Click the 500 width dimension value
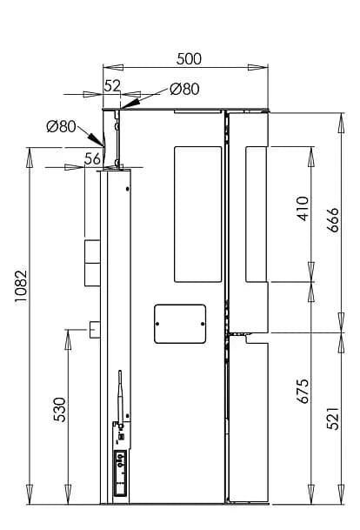click(189, 59)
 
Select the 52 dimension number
click(113, 86)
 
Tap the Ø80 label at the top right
click(184, 88)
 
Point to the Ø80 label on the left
click(62, 126)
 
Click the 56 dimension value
click(92, 158)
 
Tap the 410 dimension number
click(303, 210)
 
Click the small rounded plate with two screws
click(179, 323)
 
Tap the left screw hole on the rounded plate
click(158, 324)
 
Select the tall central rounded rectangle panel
click(199, 214)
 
